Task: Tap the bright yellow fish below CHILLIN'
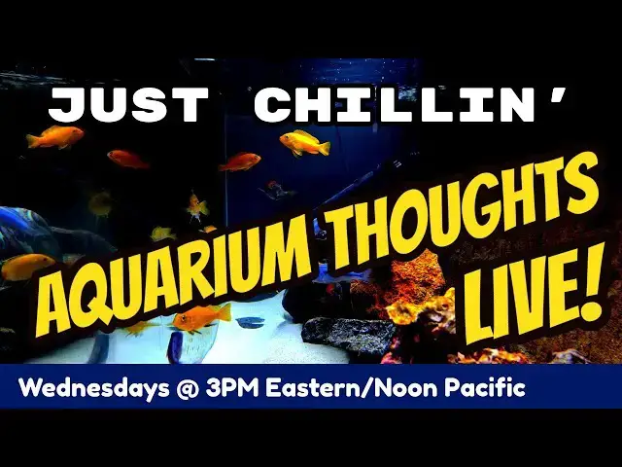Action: pos(304,143)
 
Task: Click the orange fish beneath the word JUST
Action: pos(54,137)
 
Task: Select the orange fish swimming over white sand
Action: pos(201,317)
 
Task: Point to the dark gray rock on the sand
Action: pos(347,337)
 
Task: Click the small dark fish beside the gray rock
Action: pos(250,322)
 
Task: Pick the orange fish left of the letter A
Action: pos(26,266)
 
